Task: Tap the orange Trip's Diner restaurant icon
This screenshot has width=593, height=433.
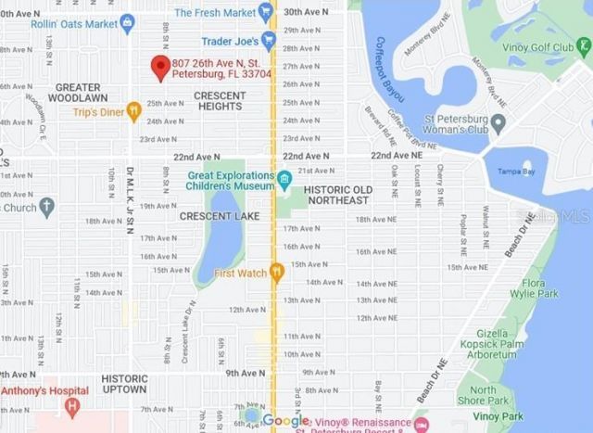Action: pos(134,112)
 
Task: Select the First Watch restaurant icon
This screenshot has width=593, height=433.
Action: pos(276,272)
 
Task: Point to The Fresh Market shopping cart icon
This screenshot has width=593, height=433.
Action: pos(266,12)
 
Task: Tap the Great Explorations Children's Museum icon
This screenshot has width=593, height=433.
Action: pos(284,178)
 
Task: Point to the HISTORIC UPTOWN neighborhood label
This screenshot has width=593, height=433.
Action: pos(124,385)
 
